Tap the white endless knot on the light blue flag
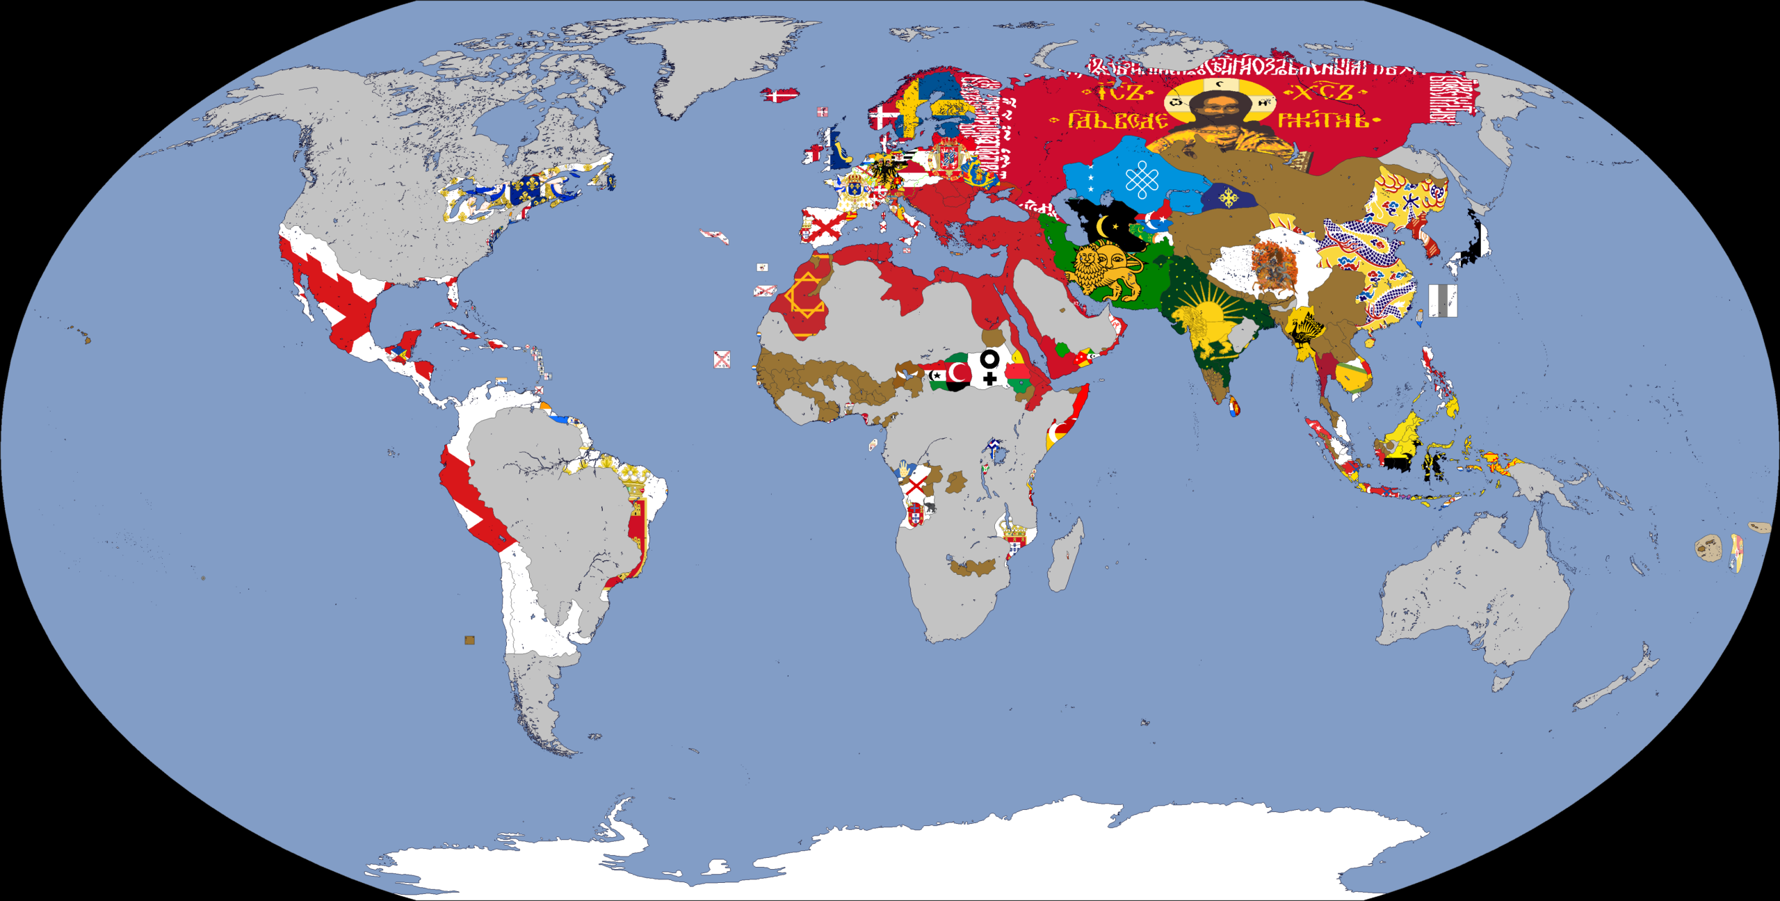coord(1142,180)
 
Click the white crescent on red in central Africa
coord(958,374)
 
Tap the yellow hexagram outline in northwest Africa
coord(805,295)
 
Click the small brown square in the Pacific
coord(469,640)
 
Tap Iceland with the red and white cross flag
coord(779,95)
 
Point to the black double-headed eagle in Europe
coord(884,171)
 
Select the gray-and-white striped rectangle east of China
coord(1443,301)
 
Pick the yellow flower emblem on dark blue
coord(1229,197)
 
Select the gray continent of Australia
coord(1474,591)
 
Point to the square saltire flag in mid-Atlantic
coord(722,359)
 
